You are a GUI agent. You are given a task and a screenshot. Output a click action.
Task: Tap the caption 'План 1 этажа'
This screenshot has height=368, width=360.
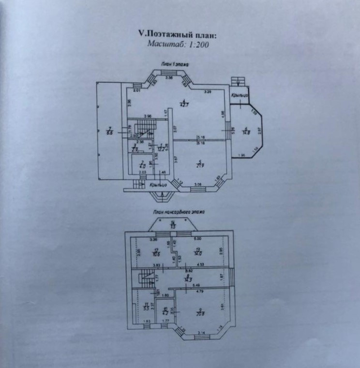[x=176, y=64]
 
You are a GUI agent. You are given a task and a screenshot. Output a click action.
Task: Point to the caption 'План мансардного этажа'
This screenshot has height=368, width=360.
[x=179, y=212]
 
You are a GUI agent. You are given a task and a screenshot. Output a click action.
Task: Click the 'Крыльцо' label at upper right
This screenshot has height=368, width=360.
[x=240, y=95]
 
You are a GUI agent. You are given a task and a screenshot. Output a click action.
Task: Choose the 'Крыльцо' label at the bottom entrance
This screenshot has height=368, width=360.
[x=158, y=184]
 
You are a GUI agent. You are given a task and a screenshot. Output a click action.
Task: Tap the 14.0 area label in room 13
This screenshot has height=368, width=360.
[x=197, y=252]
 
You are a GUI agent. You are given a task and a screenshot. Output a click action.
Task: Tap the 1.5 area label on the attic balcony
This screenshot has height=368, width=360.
[x=172, y=225]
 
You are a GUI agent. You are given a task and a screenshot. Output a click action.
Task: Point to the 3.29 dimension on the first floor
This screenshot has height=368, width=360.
[x=207, y=92]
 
